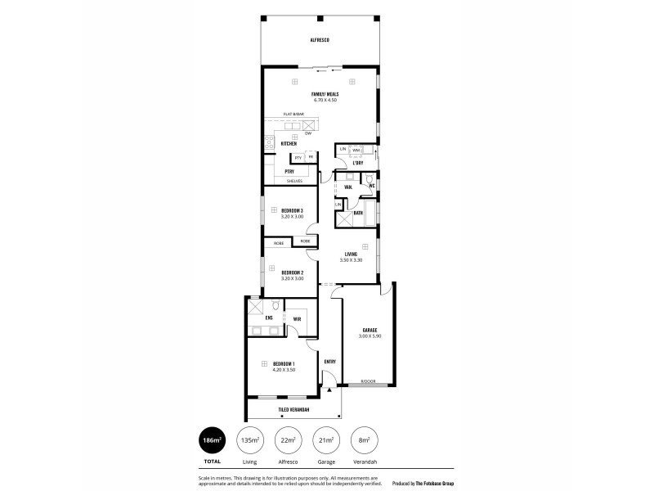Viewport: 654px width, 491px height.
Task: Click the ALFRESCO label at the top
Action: pyautogui.click(x=319, y=40)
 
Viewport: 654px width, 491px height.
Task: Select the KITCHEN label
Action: pyautogui.click(x=289, y=143)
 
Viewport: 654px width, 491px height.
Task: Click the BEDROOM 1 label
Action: pyautogui.click(x=284, y=363)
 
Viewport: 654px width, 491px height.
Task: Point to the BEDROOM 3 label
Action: pyautogui.click(x=292, y=210)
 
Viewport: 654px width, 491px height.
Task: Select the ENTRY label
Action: pyautogui.click(x=330, y=362)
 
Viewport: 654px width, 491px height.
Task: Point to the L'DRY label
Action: pyautogui.click(x=357, y=163)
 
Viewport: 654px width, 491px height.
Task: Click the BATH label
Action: pyautogui.click(x=358, y=213)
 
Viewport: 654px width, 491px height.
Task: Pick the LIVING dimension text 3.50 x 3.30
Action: pyautogui.click(x=351, y=259)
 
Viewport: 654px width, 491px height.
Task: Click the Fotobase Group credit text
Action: pyautogui.click(x=424, y=483)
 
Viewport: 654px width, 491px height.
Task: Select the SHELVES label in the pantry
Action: pyautogui.click(x=293, y=181)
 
